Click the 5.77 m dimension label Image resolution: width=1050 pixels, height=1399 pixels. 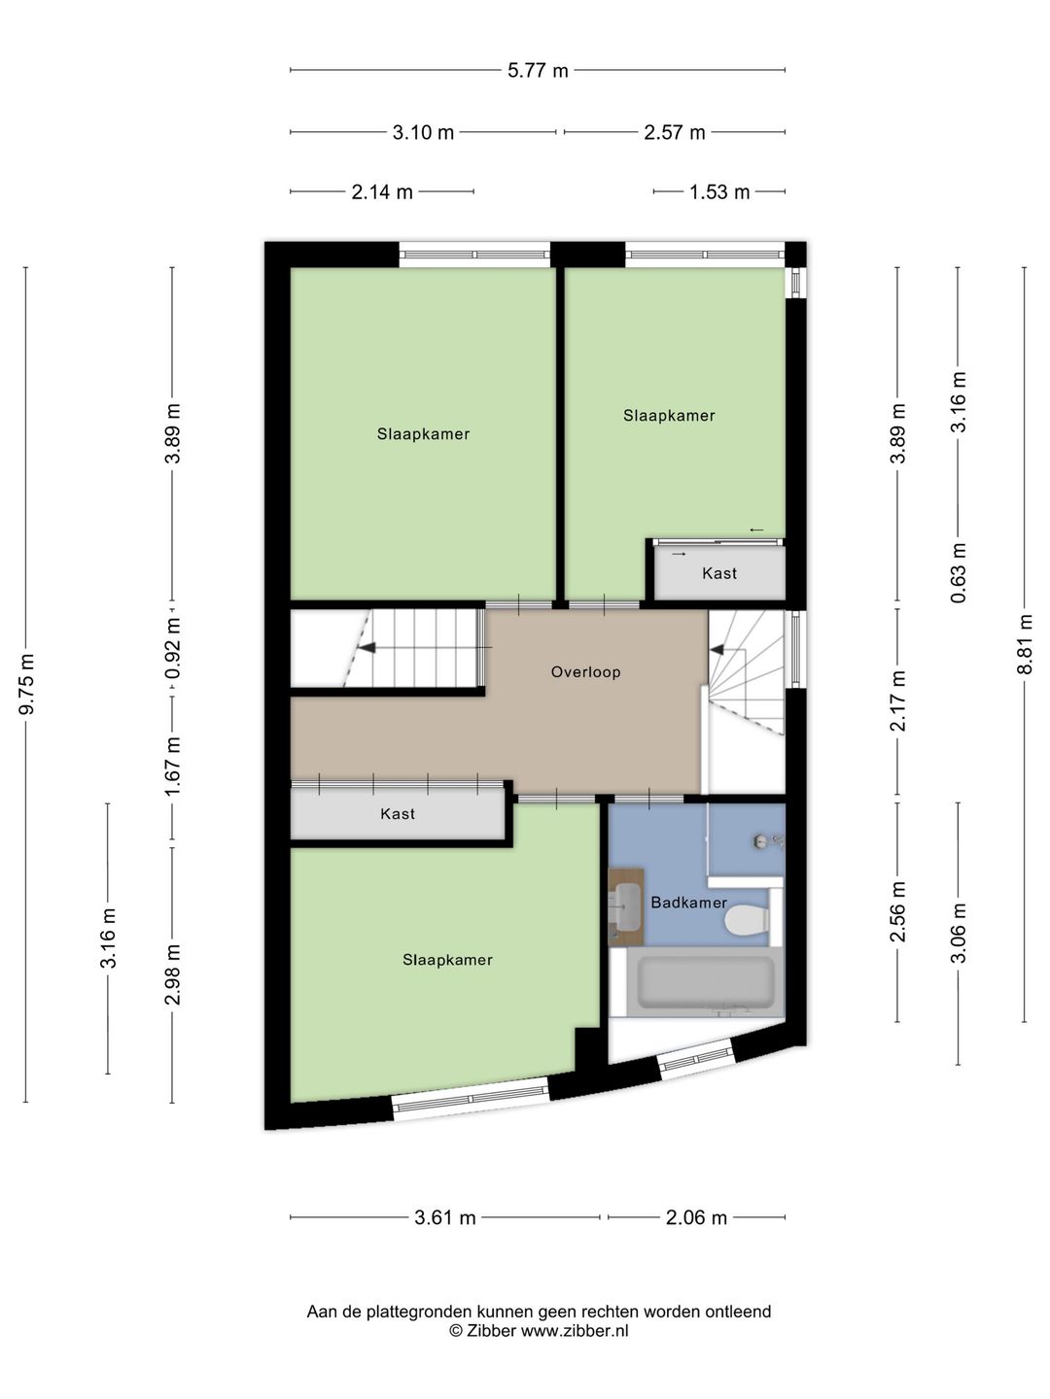coord(538,70)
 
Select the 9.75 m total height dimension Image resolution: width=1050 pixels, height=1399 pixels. coord(27,684)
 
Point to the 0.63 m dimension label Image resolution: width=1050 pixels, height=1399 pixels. coord(959,572)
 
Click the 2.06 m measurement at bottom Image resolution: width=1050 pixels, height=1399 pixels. coord(696,1217)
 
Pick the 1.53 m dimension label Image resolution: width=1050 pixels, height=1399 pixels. coord(719,191)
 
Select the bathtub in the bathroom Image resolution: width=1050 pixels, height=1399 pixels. coord(705,982)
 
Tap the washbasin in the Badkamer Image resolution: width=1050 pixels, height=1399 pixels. coord(626,905)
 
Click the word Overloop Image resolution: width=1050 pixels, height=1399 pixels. coord(586,671)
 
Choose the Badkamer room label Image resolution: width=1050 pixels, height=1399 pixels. coord(688,903)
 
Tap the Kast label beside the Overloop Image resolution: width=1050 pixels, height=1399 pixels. coord(398,814)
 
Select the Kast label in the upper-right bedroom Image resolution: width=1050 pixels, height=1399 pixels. coord(719,573)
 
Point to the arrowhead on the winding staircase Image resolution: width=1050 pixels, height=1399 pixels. coord(717,650)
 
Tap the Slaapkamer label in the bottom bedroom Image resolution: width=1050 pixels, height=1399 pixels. coord(447,959)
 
